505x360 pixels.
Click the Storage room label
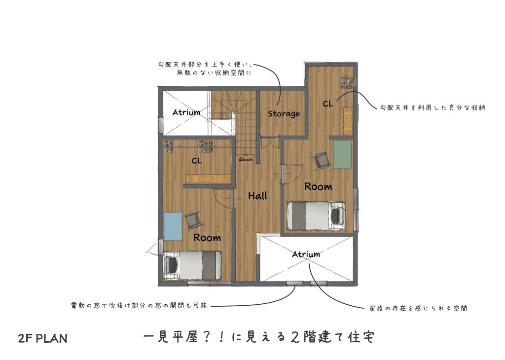(x=284, y=113)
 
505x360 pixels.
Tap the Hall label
(x=257, y=195)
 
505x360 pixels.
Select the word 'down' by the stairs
(x=246, y=159)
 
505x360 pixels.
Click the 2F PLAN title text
(x=43, y=338)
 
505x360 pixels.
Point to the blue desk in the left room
(x=173, y=226)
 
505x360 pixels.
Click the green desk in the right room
(x=342, y=154)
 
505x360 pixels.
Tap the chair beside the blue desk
(x=193, y=220)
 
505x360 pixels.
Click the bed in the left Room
(x=192, y=266)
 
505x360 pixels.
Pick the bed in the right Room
(x=316, y=216)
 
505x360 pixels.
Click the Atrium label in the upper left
(x=186, y=112)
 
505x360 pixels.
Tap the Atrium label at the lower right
(x=306, y=254)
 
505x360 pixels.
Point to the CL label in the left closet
(x=197, y=161)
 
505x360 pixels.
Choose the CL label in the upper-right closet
(x=328, y=104)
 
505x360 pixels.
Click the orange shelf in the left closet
(x=208, y=179)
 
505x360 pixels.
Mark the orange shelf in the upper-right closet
(x=348, y=121)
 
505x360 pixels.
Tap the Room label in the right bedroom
(x=318, y=186)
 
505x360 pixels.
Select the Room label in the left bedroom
(x=207, y=238)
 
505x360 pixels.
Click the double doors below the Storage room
(x=270, y=143)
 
